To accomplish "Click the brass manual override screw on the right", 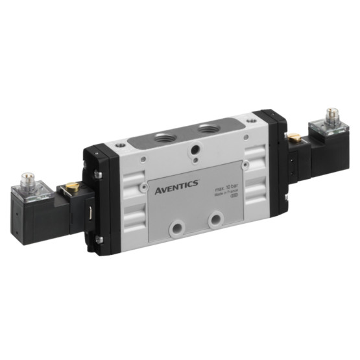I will click(x=294, y=138).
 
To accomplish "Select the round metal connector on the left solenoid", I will click(x=28, y=176).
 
